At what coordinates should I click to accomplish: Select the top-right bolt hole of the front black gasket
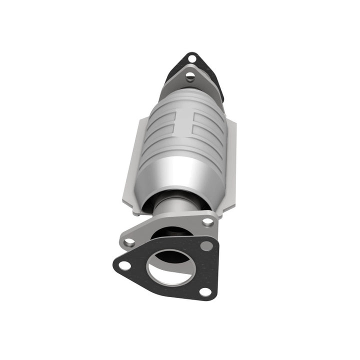pyautogui.click(x=205, y=245)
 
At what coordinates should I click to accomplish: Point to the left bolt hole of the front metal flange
pyautogui.click(x=129, y=242)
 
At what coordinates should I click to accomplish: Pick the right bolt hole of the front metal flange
pyautogui.click(x=207, y=222)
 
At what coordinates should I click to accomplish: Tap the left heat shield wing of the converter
pyautogui.click(x=131, y=165)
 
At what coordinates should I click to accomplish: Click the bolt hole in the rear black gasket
pyautogui.click(x=191, y=59)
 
